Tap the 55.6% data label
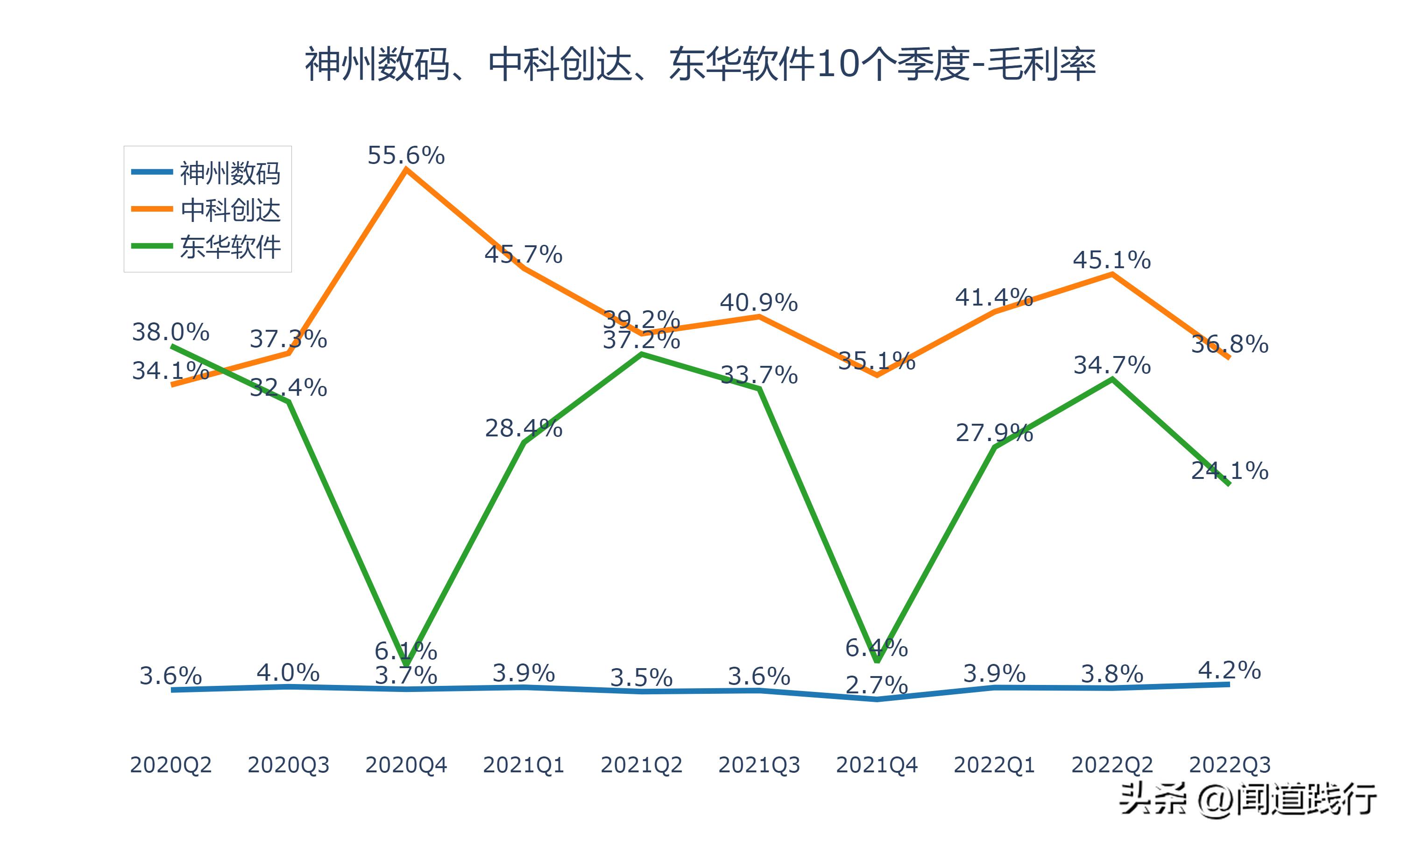(x=406, y=155)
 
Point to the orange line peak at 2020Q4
(x=406, y=169)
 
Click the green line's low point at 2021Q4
(x=877, y=660)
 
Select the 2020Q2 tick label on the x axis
(x=170, y=765)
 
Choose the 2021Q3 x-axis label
(x=759, y=765)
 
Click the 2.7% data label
(x=877, y=686)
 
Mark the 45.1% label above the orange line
(x=1111, y=260)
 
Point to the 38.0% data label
(x=170, y=332)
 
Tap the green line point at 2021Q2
(x=642, y=354)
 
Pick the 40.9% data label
(x=759, y=303)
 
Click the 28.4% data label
(x=523, y=428)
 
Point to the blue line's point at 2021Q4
(x=877, y=699)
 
